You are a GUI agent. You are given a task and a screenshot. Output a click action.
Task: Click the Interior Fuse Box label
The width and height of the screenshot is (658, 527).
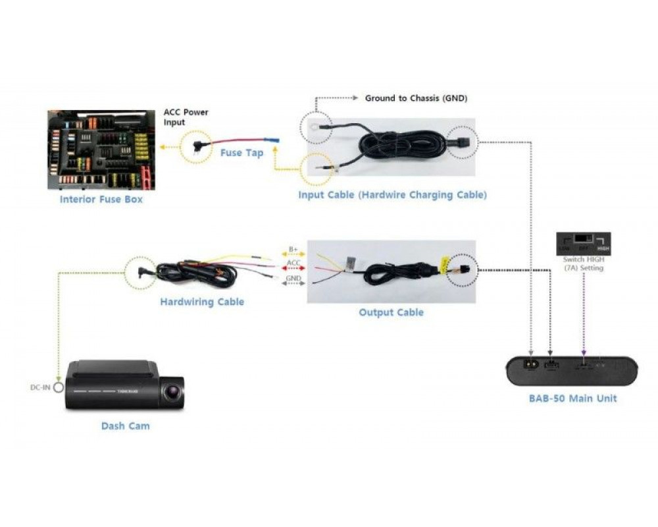point(101,199)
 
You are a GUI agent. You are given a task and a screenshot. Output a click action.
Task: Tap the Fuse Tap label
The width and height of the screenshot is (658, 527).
point(241,153)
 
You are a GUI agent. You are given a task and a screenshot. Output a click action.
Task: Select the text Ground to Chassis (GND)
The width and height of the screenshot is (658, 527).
point(416,98)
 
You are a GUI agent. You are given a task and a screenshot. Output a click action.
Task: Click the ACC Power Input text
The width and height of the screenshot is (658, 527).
point(186,117)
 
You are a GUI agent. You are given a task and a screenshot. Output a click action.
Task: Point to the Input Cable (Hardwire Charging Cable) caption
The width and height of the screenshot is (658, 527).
point(392,195)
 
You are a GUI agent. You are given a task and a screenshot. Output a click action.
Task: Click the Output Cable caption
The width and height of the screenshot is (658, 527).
point(391,312)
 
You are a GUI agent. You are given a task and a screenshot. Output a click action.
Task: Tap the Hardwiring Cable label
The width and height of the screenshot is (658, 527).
point(202,302)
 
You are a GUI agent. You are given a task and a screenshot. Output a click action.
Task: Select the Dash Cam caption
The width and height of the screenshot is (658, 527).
point(125,426)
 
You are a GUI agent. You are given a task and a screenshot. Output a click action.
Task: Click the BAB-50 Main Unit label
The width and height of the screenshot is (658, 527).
point(572,398)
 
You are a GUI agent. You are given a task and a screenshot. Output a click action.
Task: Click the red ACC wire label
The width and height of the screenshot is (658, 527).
point(293,265)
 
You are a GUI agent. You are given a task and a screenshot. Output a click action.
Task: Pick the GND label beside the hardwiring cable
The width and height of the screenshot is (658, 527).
point(293,279)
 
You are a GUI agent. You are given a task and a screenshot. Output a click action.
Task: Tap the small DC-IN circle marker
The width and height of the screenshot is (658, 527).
point(59,387)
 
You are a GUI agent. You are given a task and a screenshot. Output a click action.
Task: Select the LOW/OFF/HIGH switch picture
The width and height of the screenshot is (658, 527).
point(583,242)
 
